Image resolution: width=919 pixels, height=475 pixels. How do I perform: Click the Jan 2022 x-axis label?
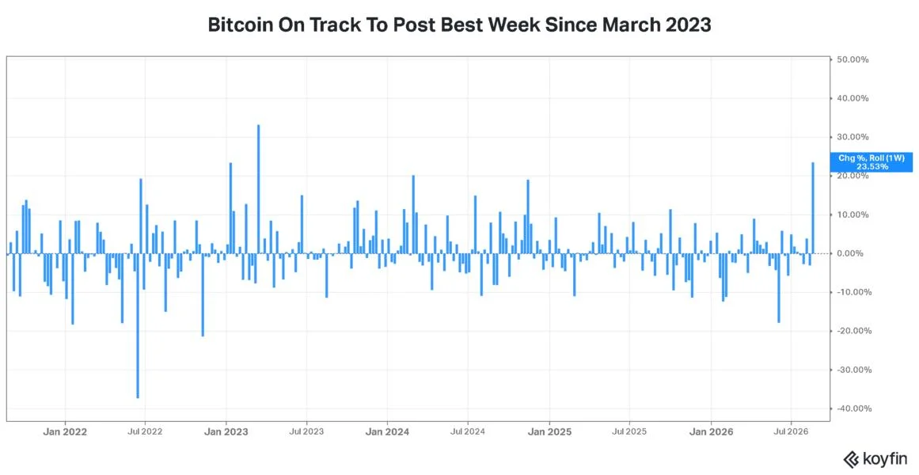pyautogui.click(x=66, y=433)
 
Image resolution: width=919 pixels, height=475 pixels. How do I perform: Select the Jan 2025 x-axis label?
pyautogui.click(x=550, y=433)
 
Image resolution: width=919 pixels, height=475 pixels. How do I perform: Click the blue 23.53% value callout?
pyautogui.click(x=871, y=161)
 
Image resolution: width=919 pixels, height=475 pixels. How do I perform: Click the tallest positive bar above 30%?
pyautogui.click(x=259, y=189)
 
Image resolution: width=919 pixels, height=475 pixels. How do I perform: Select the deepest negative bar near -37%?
pyautogui.click(x=138, y=325)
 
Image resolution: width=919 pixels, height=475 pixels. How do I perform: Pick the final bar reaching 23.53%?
pyautogui.click(x=813, y=207)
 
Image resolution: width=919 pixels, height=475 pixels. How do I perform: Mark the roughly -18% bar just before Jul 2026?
pyautogui.click(x=779, y=288)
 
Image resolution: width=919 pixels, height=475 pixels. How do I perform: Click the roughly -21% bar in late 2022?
pyautogui.click(x=203, y=294)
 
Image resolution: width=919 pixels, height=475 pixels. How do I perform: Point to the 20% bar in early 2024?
pyautogui.click(x=413, y=214)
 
